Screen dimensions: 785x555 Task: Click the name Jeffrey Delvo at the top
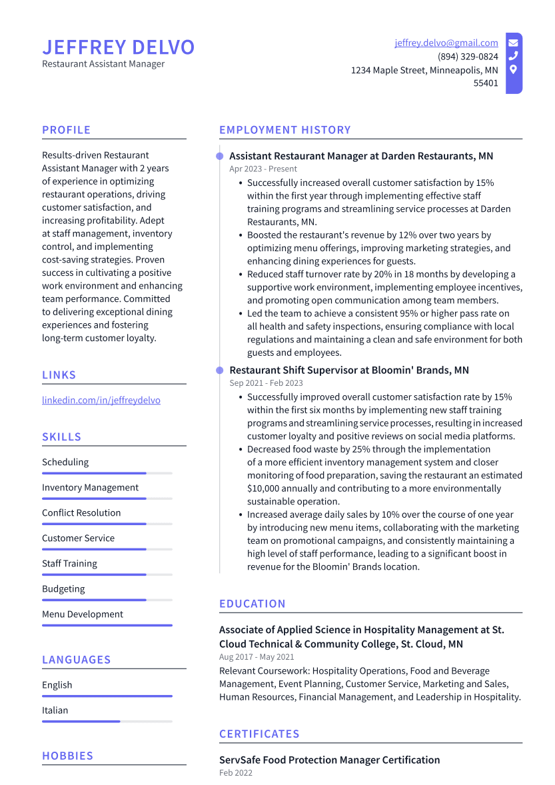pos(118,47)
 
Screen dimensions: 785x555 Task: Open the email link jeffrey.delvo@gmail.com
pos(446,43)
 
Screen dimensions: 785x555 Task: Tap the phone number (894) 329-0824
pos(468,57)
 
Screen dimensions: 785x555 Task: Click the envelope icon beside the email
pos(513,43)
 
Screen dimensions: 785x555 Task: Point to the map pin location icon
pos(513,69)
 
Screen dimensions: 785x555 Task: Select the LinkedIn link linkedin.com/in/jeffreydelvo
pos(101,400)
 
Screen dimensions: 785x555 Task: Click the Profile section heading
pos(66,130)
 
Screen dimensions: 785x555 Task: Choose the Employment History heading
pos(284,130)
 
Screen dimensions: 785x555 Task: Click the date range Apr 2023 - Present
pos(263,169)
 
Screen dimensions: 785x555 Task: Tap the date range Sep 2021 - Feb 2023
pos(266,383)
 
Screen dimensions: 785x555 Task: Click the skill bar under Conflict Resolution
pos(107,524)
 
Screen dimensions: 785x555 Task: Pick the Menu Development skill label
pos(83,614)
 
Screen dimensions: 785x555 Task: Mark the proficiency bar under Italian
pos(107,721)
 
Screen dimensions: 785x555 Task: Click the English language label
pos(57,685)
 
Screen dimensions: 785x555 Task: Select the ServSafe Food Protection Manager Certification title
pos(329,760)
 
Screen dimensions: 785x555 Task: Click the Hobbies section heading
pos(67,756)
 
